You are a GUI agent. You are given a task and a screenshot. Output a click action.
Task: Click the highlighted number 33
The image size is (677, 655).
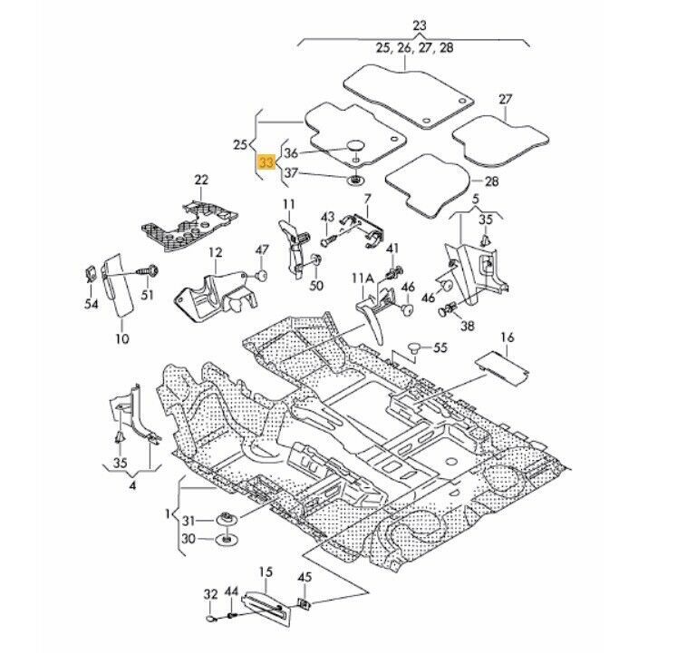(x=266, y=163)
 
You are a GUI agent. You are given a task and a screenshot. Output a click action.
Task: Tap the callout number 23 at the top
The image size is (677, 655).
(x=419, y=25)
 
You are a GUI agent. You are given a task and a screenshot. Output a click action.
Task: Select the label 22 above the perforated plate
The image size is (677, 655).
(x=201, y=180)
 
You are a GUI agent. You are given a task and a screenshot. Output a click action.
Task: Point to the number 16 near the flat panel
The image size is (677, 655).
(x=507, y=337)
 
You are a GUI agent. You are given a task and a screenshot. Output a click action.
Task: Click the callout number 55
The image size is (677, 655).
(x=440, y=347)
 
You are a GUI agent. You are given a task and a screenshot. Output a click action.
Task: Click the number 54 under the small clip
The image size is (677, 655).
(x=91, y=305)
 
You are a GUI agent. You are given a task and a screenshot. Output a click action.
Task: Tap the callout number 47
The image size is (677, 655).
(x=262, y=249)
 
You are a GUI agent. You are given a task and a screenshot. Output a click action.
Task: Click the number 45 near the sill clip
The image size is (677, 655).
(x=304, y=578)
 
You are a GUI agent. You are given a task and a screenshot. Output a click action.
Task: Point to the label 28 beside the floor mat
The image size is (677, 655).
(x=491, y=181)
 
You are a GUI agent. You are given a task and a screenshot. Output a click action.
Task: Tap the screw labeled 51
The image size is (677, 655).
(x=148, y=269)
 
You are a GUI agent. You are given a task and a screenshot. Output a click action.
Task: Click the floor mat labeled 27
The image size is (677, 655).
(x=501, y=135)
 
